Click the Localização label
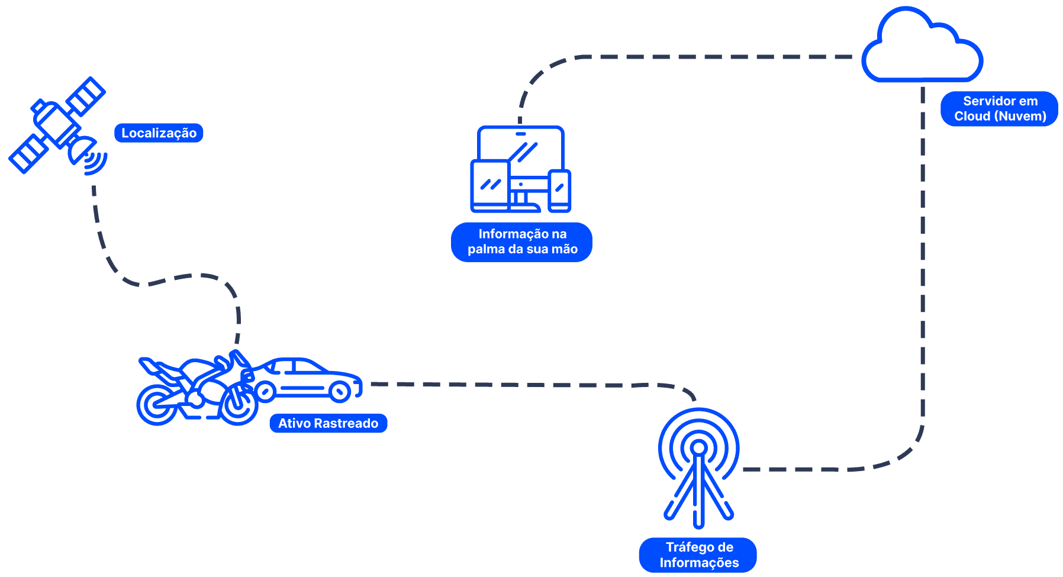click(159, 133)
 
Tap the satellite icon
click(57, 125)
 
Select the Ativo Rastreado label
click(328, 423)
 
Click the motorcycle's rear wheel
click(157, 405)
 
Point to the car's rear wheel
click(340, 391)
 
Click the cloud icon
click(922, 44)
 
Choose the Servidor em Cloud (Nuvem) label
click(1000, 109)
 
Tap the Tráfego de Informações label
click(698, 555)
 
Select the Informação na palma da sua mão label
click(522, 241)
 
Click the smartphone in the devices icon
click(559, 191)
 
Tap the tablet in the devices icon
click(490, 186)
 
